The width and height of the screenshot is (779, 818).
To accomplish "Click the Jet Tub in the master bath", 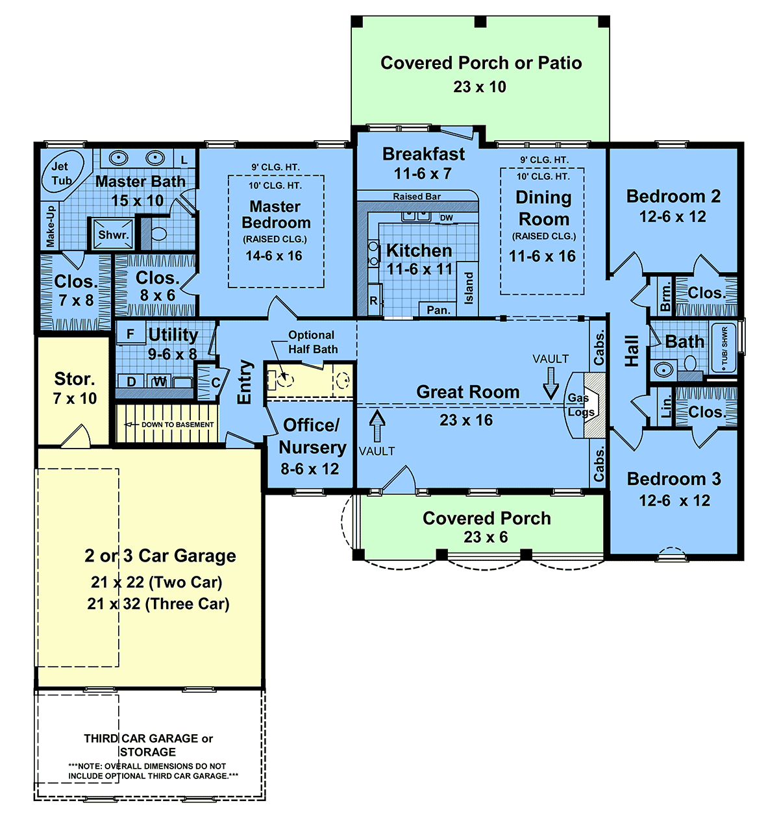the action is point(62,172).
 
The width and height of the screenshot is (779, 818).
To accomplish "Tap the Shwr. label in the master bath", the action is point(113,234).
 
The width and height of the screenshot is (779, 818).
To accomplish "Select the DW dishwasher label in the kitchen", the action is point(446,217).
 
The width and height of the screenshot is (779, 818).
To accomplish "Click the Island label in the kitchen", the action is point(469,288).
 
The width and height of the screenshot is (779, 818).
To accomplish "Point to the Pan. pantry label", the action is point(438,310).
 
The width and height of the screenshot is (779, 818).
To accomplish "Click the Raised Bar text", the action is point(417,197).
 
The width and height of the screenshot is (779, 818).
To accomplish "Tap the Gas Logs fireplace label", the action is point(580,405).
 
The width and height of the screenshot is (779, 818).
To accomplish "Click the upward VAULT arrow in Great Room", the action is point(377,426).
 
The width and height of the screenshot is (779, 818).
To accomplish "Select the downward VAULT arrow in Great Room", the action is point(550,384).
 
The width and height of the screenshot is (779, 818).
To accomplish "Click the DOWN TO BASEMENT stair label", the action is point(177,425).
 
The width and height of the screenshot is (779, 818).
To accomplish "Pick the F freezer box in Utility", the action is point(130,333).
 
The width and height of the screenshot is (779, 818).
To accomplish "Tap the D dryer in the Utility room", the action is point(131,381).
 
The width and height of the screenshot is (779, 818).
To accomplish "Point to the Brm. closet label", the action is point(665,297).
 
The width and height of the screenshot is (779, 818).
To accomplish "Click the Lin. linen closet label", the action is point(666,406).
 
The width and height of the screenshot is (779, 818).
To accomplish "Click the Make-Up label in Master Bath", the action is point(50,226).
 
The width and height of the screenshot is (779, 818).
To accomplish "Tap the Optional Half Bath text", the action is point(312,342).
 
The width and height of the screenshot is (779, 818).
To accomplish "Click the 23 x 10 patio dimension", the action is point(479,87).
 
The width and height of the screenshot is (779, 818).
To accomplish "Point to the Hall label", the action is point(632,351).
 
